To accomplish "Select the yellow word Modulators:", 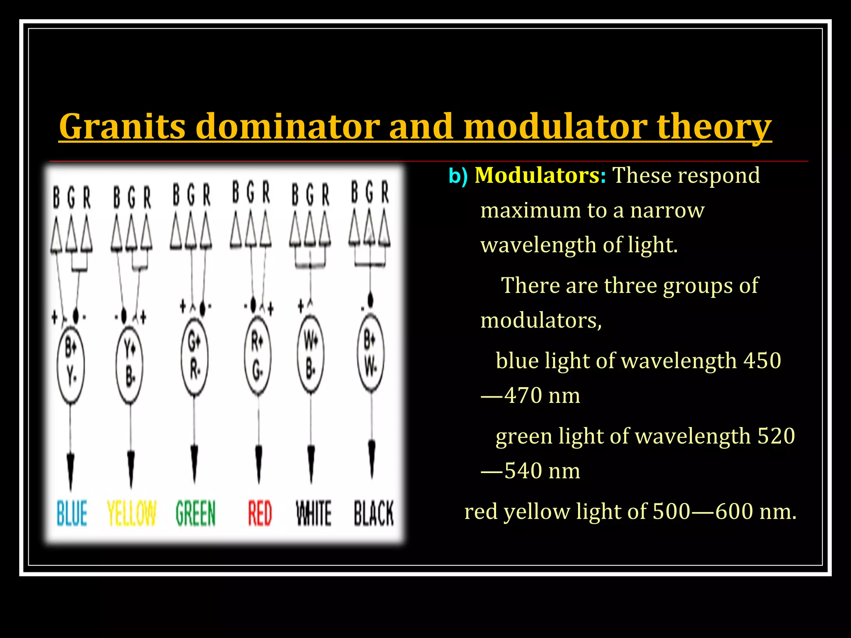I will [540, 175].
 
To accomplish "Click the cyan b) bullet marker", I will [458, 176].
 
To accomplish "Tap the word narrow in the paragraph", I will [667, 210].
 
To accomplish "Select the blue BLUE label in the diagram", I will [72, 513].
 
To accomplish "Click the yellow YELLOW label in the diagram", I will [131, 513].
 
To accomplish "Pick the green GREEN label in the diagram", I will [195, 513].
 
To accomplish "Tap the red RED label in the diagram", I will [260, 513].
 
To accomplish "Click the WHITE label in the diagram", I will [313, 513].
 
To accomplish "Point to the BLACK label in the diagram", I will [374, 513].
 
